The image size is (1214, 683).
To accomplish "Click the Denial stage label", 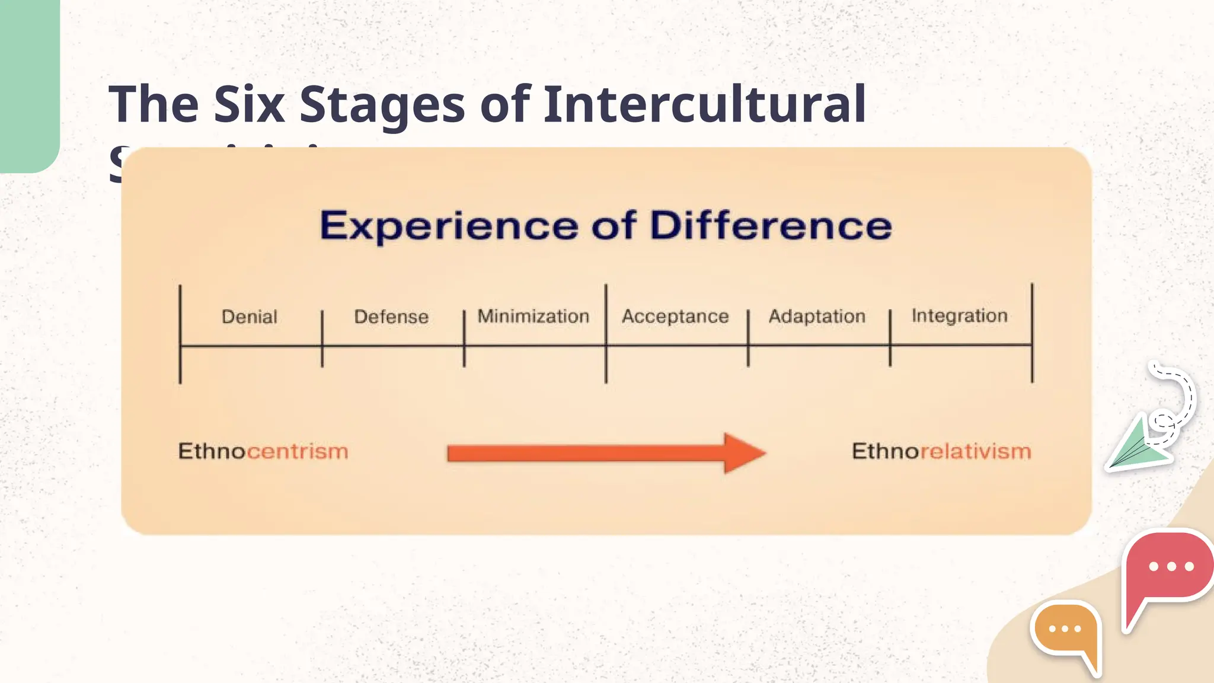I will (x=249, y=317).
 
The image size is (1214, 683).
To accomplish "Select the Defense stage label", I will (x=391, y=317).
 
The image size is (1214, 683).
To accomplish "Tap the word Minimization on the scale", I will (x=533, y=316).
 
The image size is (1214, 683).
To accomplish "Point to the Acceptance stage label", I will (x=675, y=316).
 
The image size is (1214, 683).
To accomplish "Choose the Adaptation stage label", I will (x=817, y=316).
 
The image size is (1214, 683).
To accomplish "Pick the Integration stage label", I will (x=959, y=315).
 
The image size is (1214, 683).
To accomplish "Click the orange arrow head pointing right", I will (x=743, y=453).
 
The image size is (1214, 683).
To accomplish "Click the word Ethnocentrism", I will (x=263, y=451).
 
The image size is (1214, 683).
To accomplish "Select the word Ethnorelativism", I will (x=941, y=451).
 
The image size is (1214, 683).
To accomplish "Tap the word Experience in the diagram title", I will (x=449, y=226).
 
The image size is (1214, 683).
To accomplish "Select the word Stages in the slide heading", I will (x=382, y=105).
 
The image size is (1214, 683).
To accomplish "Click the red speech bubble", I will (x=1168, y=569).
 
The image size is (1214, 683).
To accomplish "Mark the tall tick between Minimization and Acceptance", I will (x=606, y=333).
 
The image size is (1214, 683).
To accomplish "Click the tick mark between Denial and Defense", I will (x=322, y=339).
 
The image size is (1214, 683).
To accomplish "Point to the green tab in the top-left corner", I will (x=28, y=83).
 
